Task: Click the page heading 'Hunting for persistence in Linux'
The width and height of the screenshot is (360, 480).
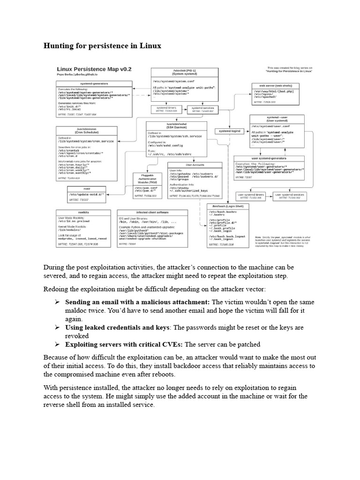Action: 102,46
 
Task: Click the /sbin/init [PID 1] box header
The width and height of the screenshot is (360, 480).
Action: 184,72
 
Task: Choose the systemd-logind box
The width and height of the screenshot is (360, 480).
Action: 230,131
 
